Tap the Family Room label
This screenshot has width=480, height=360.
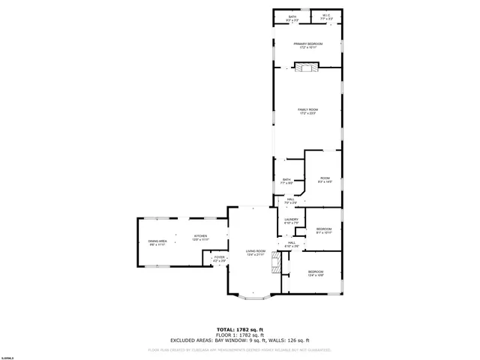pos(307,111)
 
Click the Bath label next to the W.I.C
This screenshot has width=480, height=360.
pos(292,16)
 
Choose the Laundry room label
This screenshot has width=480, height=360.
pos(292,221)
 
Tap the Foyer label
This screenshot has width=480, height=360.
pos(219,259)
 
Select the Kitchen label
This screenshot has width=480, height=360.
pos(200,237)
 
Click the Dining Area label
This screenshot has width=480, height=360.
pos(157,242)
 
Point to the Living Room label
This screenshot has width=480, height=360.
pos(256,253)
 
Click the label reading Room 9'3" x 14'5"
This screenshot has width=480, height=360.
pos(325,179)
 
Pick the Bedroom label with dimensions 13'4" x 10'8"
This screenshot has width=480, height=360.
pos(315,273)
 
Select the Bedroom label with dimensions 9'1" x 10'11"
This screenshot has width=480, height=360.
pos(323,230)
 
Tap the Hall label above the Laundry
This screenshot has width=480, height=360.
pos(290,201)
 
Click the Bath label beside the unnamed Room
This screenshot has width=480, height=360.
pos(286,181)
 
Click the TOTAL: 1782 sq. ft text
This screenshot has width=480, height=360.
pos(240,329)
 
